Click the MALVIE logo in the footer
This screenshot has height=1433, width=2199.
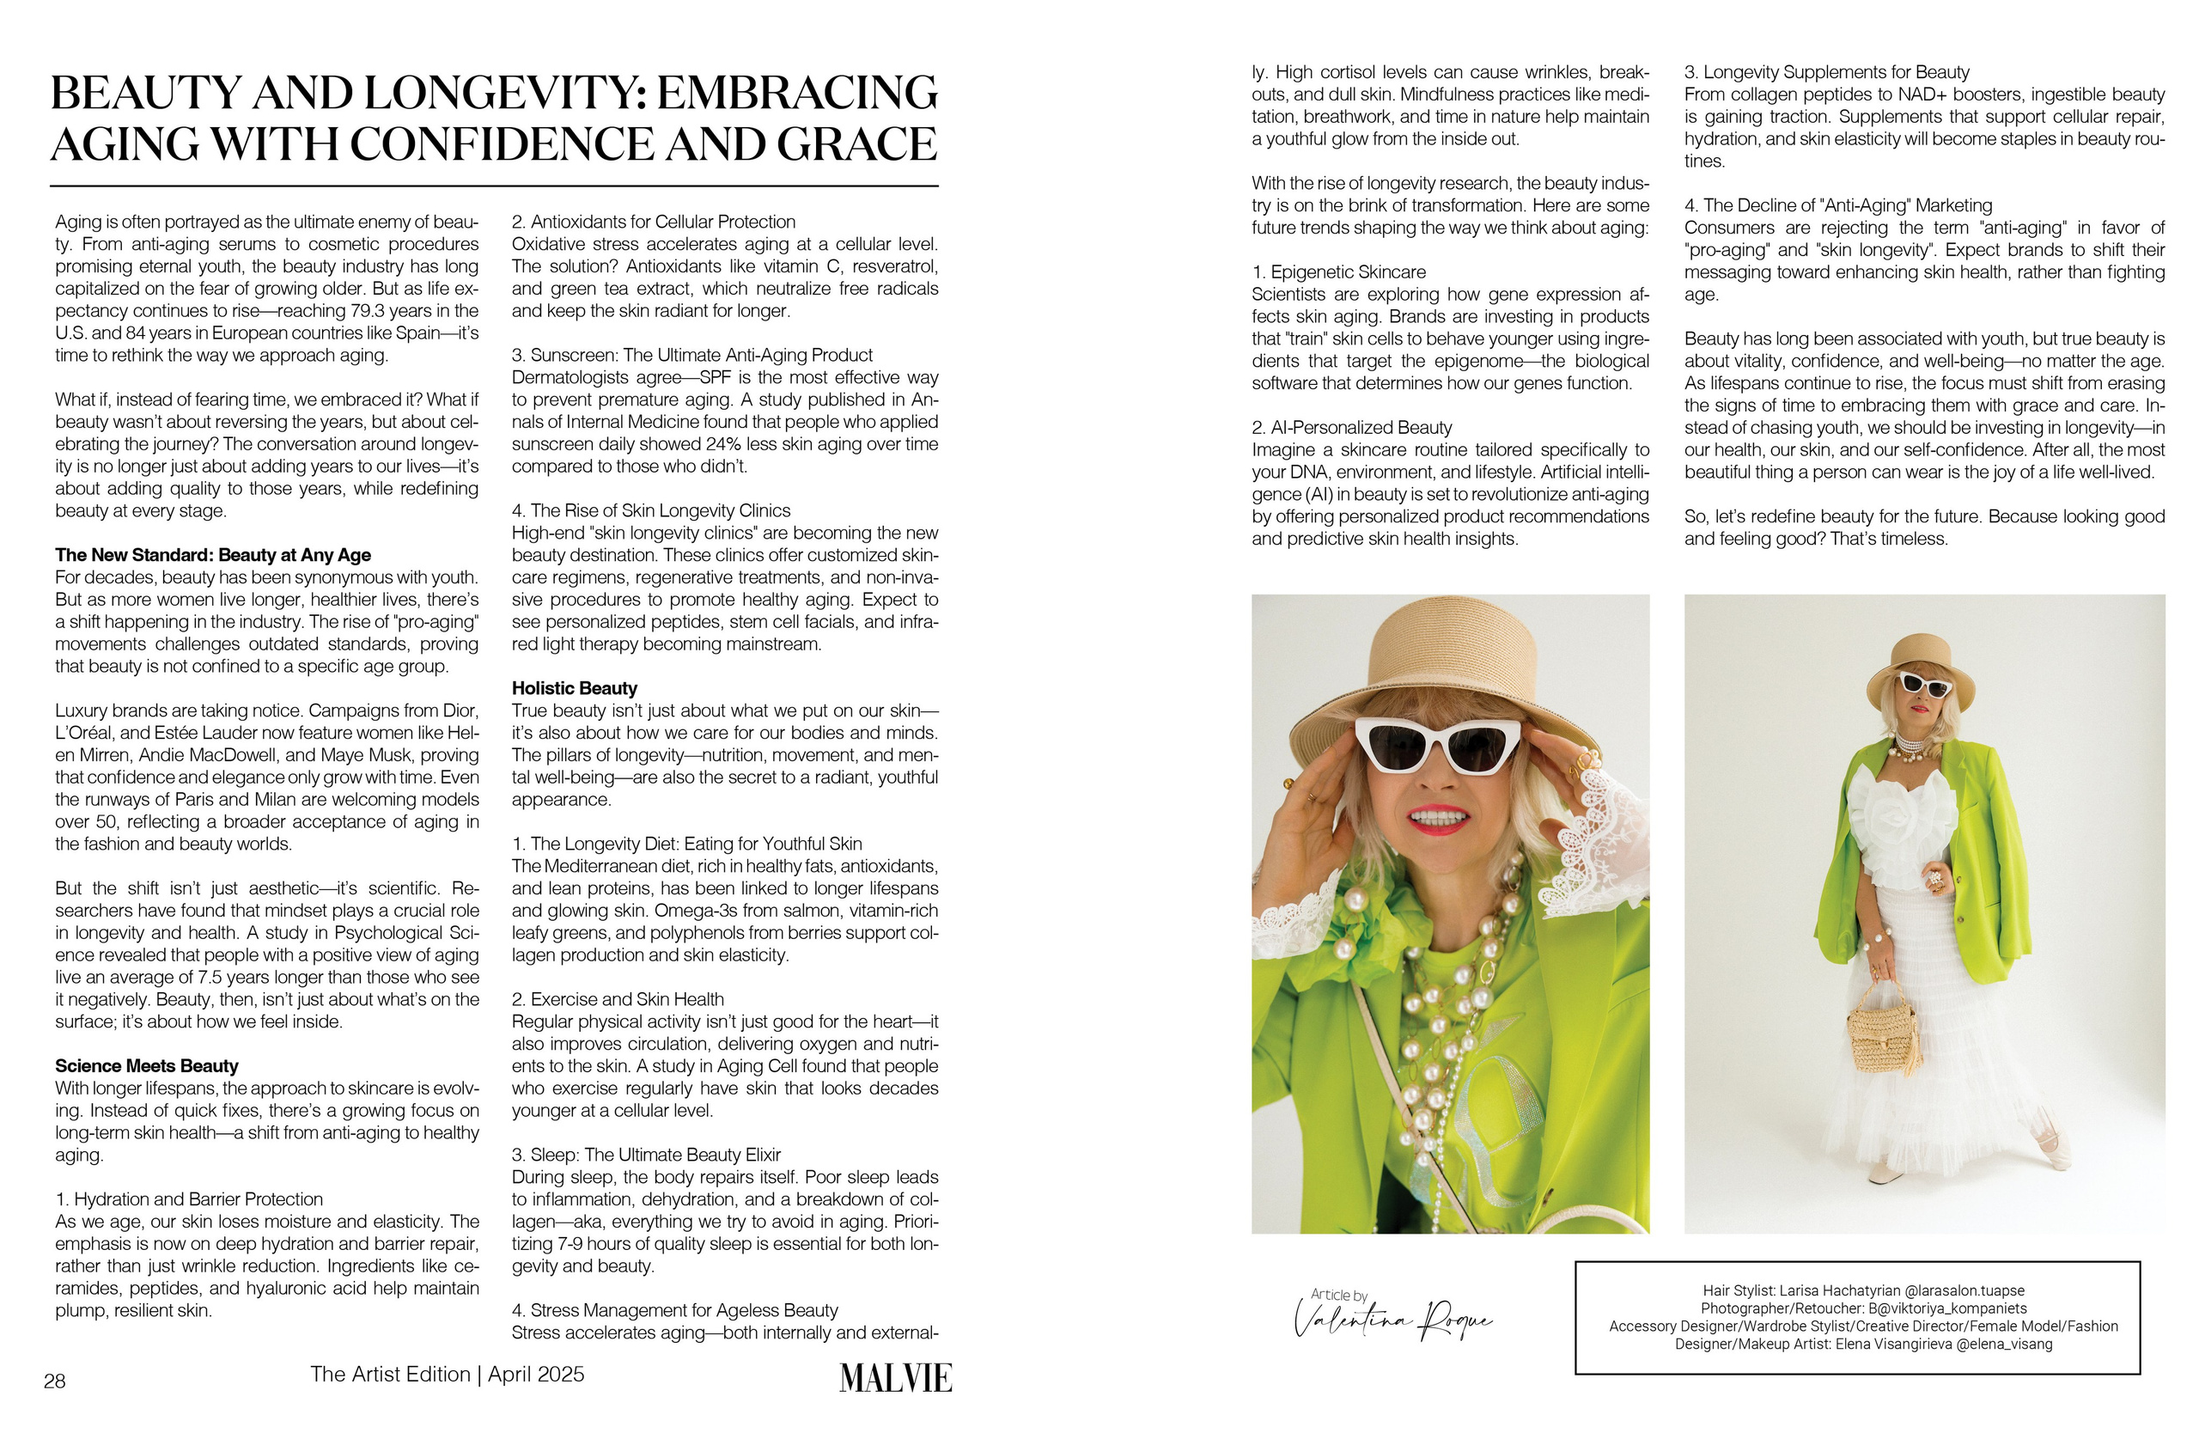point(894,1377)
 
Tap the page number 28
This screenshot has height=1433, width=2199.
point(54,1381)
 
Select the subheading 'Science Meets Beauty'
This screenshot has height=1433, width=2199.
point(147,1065)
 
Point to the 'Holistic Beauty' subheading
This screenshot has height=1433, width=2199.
point(574,688)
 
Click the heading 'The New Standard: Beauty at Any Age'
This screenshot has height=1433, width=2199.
point(212,555)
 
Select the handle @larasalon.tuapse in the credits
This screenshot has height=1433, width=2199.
point(1964,1290)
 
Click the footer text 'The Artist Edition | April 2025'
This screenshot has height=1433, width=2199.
point(448,1375)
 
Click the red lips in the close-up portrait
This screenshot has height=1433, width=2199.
point(1439,819)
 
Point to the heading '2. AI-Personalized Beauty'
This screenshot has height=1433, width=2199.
point(1351,428)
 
